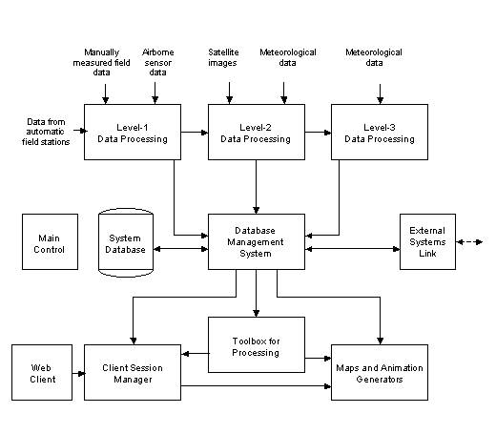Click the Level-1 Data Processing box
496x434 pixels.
pyautogui.click(x=133, y=132)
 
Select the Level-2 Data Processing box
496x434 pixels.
pyautogui.click(x=257, y=132)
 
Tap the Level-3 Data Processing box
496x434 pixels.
pyautogui.click(x=380, y=132)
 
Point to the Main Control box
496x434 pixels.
pyautogui.click(x=50, y=241)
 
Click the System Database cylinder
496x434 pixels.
pyautogui.click(x=126, y=242)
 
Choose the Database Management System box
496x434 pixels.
pyautogui.click(x=257, y=241)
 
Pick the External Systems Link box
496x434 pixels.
pyautogui.click(x=427, y=241)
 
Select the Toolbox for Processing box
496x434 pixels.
pyautogui.click(x=257, y=344)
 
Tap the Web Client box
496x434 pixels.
pyautogui.click(x=42, y=372)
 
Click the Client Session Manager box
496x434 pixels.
pyautogui.click(x=133, y=372)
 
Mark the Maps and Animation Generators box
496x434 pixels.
pyautogui.click(x=380, y=372)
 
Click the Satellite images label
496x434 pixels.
pyautogui.click(x=223, y=57)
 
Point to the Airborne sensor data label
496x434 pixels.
pyautogui.click(x=158, y=62)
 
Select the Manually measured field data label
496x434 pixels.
pyautogui.click(x=101, y=62)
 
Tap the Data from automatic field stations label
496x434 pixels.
pyautogui.click(x=46, y=132)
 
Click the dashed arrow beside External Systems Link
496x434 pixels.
pyautogui.click(x=469, y=242)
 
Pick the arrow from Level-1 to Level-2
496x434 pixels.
pyautogui.click(x=195, y=132)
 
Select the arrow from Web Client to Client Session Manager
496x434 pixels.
pyautogui.click(x=78, y=373)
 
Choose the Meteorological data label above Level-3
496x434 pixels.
pyautogui.click(x=374, y=57)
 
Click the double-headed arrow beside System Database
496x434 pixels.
pyautogui.click(x=180, y=249)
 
